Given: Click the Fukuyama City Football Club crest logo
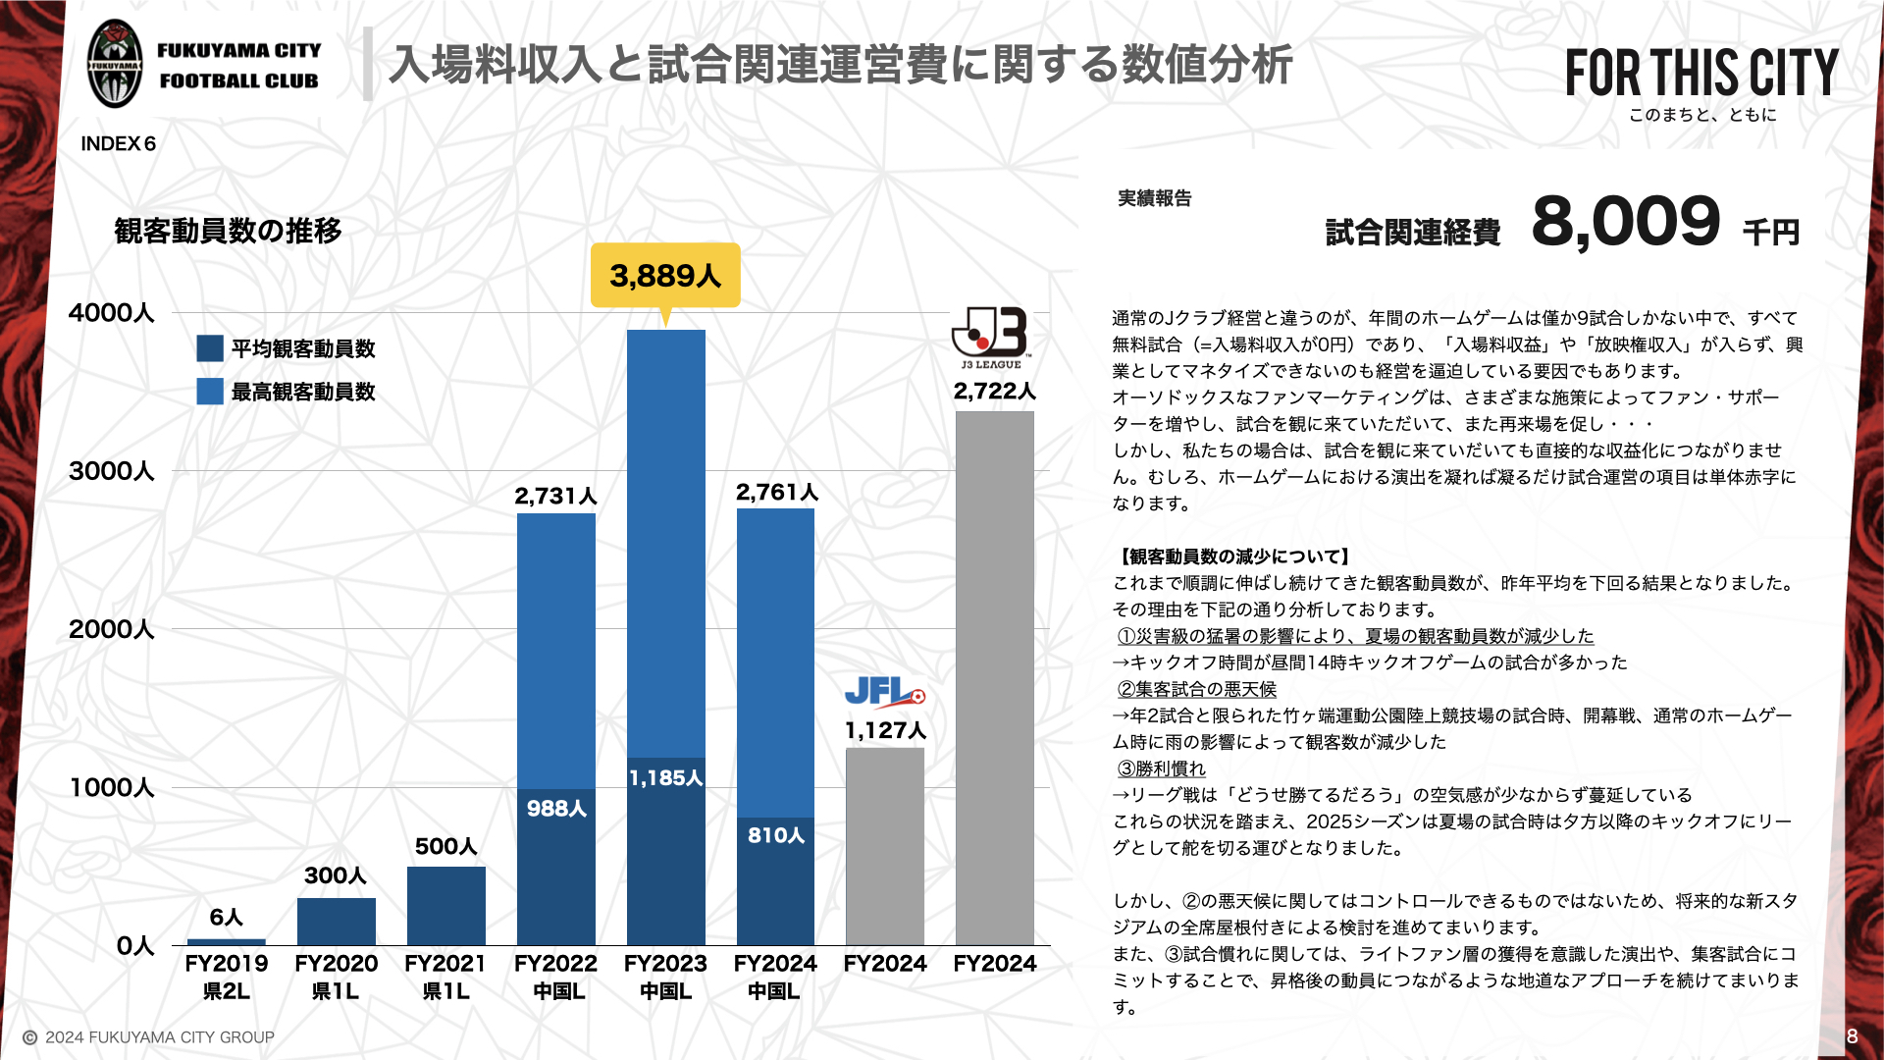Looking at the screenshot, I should [x=115, y=65].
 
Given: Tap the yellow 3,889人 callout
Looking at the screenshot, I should [x=665, y=276].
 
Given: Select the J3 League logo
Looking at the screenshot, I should [x=991, y=337].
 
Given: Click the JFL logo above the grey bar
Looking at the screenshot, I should [x=884, y=693].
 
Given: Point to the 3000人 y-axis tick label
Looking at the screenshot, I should [x=112, y=471].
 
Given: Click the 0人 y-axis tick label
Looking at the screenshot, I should [x=135, y=946].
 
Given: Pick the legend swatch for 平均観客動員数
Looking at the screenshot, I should [x=210, y=348].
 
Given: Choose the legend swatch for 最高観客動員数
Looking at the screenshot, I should [x=210, y=392].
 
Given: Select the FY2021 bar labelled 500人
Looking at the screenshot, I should [x=445, y=905].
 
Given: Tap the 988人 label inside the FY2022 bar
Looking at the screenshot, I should [x=556, y=809].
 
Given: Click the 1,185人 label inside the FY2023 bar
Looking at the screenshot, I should [x=666, y=778].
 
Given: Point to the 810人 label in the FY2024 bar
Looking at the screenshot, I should [x=776, y=835].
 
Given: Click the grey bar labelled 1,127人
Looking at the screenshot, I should [x=885, y=846].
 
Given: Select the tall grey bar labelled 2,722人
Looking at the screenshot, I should [x=995, y=677].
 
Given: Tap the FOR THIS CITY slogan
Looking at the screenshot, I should [x=1701, y=74].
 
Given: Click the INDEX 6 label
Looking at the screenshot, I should [x=119, y=144].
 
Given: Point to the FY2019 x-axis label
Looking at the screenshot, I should [x=226, y=964].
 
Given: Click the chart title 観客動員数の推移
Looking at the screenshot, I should [x=229, y=231].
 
